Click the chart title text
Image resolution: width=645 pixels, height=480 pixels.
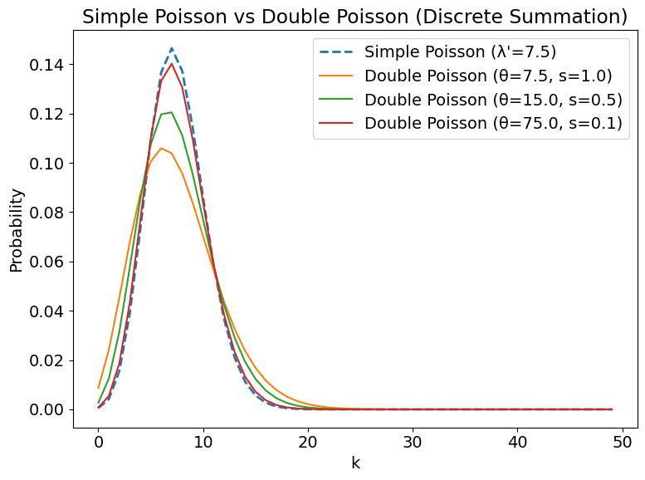(x=354, y=17)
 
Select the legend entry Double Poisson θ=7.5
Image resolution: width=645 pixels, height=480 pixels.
(x=487, y=76)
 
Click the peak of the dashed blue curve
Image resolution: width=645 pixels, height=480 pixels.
(x=172, y=48)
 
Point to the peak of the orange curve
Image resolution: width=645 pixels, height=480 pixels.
(x=161, y=148)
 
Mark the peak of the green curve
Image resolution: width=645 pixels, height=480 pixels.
(x=171, y=112)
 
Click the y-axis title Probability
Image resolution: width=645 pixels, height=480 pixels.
(x=17, y=230)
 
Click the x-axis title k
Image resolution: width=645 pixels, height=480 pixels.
(x=355, y=463)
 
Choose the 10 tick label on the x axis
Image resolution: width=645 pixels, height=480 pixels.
(x=203, y=441)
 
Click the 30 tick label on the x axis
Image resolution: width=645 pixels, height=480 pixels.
(x=413, y=441)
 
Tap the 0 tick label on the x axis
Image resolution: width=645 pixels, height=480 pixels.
(x=98, y=441)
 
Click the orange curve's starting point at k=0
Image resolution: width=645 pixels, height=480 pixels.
(x=99, y=388)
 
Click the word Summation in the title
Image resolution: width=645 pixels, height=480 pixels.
(x=566, y=17)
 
